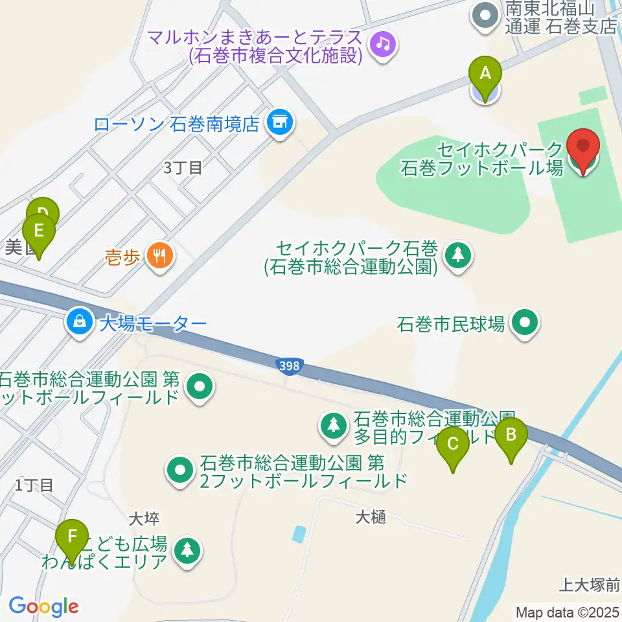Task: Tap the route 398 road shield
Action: [290, 367]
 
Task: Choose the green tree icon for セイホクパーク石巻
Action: [458, 255]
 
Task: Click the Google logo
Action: [43, 607]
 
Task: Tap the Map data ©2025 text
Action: [567, 612]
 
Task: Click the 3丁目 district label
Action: [183, 168]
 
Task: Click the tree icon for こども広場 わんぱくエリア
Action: [187, 552]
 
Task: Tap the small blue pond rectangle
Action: [299, 535]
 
